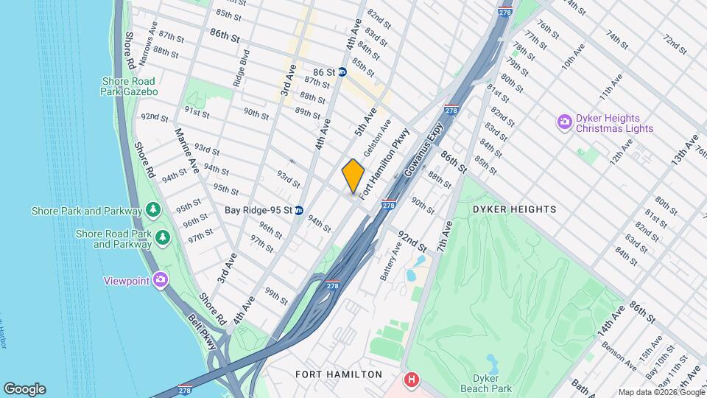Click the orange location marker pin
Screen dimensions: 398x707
tap(353, 177)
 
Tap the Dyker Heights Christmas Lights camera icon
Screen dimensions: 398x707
tap(565, 122)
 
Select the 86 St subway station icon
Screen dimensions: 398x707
tap(352, 72)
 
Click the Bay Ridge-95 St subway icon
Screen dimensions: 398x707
tap(299, 210)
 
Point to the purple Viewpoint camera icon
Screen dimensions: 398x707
tap(161, 280)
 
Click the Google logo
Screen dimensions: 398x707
tap(24, 389)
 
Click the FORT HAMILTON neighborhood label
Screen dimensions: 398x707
tap(339, 374)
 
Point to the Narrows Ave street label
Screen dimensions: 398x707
tap(147, 43)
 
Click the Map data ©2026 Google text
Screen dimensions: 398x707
tap(661, 392)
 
